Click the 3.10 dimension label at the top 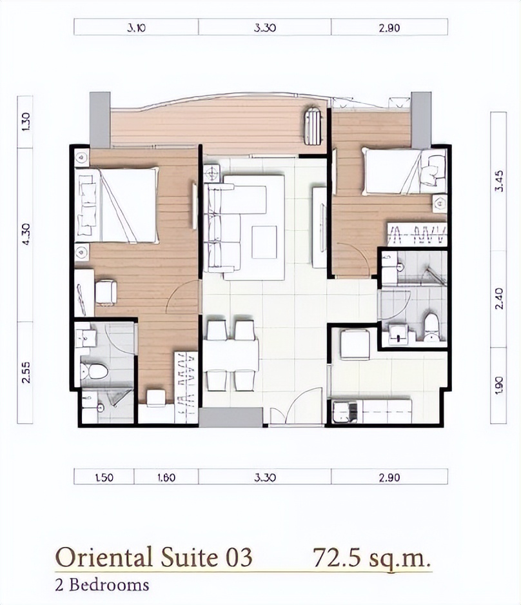pos(136,28)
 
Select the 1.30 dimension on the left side pos(26,121)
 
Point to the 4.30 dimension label pos(26,235)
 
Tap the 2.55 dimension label pos(26,372)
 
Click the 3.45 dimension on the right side pos(500,181)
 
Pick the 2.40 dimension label pos(500,298)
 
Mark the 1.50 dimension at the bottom pos(104,478)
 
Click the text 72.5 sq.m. pos(371,557)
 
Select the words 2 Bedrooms pos(102,585)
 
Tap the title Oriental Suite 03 pos(154,557)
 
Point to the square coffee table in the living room pos(264,242)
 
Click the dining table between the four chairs pos(231,355)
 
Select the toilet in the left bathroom pos(93,371)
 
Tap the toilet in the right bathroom pos(431,327)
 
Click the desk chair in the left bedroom pos(106,292)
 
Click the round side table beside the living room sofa pos(212,173)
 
